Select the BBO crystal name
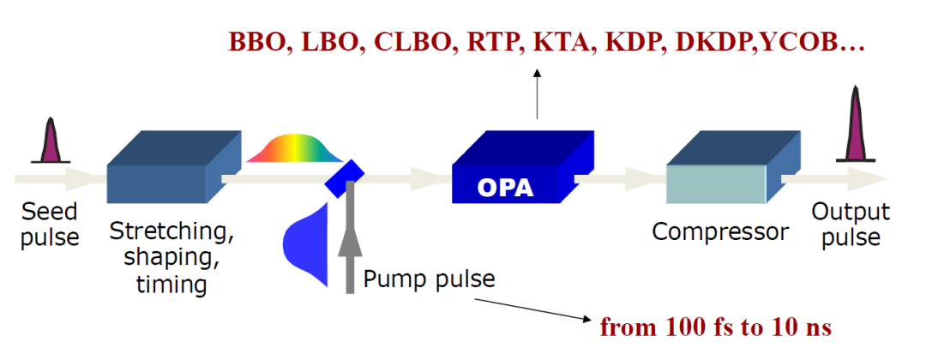pos(256,43)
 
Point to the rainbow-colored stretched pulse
pos(296,148)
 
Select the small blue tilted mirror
pos(346,174)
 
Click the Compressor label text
pos(720,231)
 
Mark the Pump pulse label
pos(429,279)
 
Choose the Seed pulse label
pos(50,224)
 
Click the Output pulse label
pos(851,225)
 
